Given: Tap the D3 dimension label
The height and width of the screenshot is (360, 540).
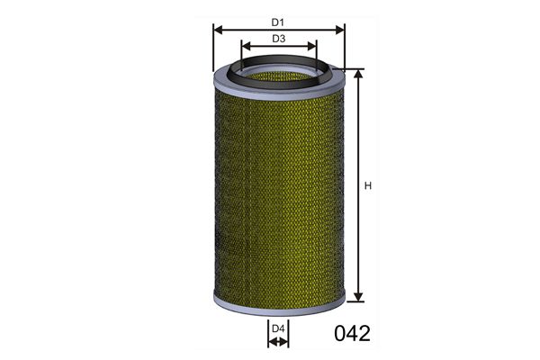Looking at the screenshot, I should [x=279, y=39].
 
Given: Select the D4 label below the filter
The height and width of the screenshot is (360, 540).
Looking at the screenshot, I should [x=278, y=330].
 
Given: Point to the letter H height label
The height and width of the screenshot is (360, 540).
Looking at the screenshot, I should [x=367, y=186].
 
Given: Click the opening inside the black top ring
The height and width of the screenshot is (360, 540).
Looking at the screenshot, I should [x=279, y=69].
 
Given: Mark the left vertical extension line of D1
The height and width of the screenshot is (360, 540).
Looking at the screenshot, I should [x=212, y=49].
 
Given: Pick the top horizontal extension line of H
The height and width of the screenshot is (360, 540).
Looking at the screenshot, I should [x=354, y=68].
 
